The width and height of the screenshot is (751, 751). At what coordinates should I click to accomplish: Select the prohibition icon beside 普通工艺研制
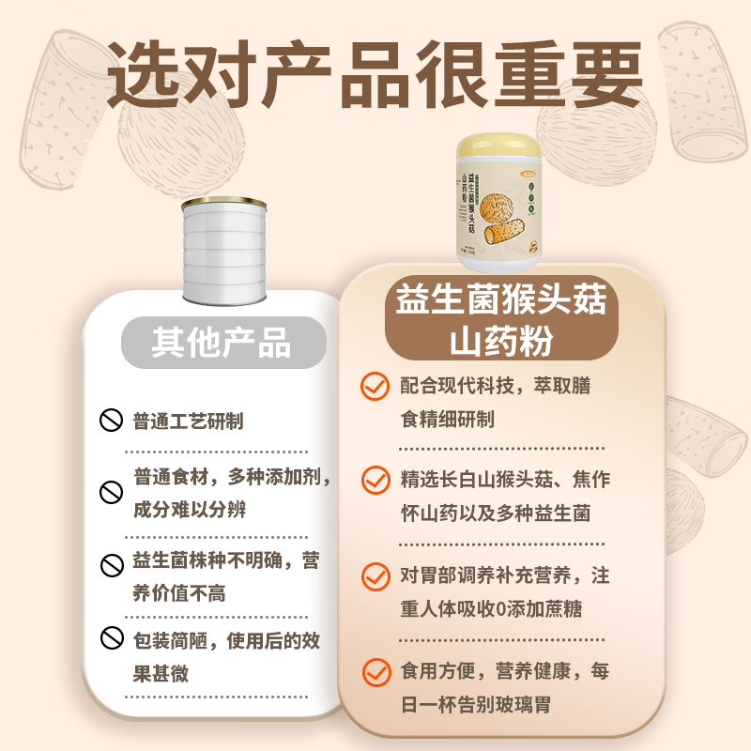coord(112,421)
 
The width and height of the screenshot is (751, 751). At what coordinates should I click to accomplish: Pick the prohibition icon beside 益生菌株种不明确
coord(112,564)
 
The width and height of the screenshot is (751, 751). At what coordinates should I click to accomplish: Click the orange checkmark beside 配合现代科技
coord(375,386)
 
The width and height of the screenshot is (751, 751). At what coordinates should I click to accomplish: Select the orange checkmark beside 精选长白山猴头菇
coord(375,480)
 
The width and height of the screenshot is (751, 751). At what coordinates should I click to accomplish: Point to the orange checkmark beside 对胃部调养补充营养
coord(375,575)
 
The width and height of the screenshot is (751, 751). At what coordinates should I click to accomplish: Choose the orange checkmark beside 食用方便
coord(375,671)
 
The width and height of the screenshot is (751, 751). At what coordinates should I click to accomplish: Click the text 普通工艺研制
coord(189,421)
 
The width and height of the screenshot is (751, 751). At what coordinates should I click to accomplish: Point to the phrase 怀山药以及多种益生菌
coord(496,513)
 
